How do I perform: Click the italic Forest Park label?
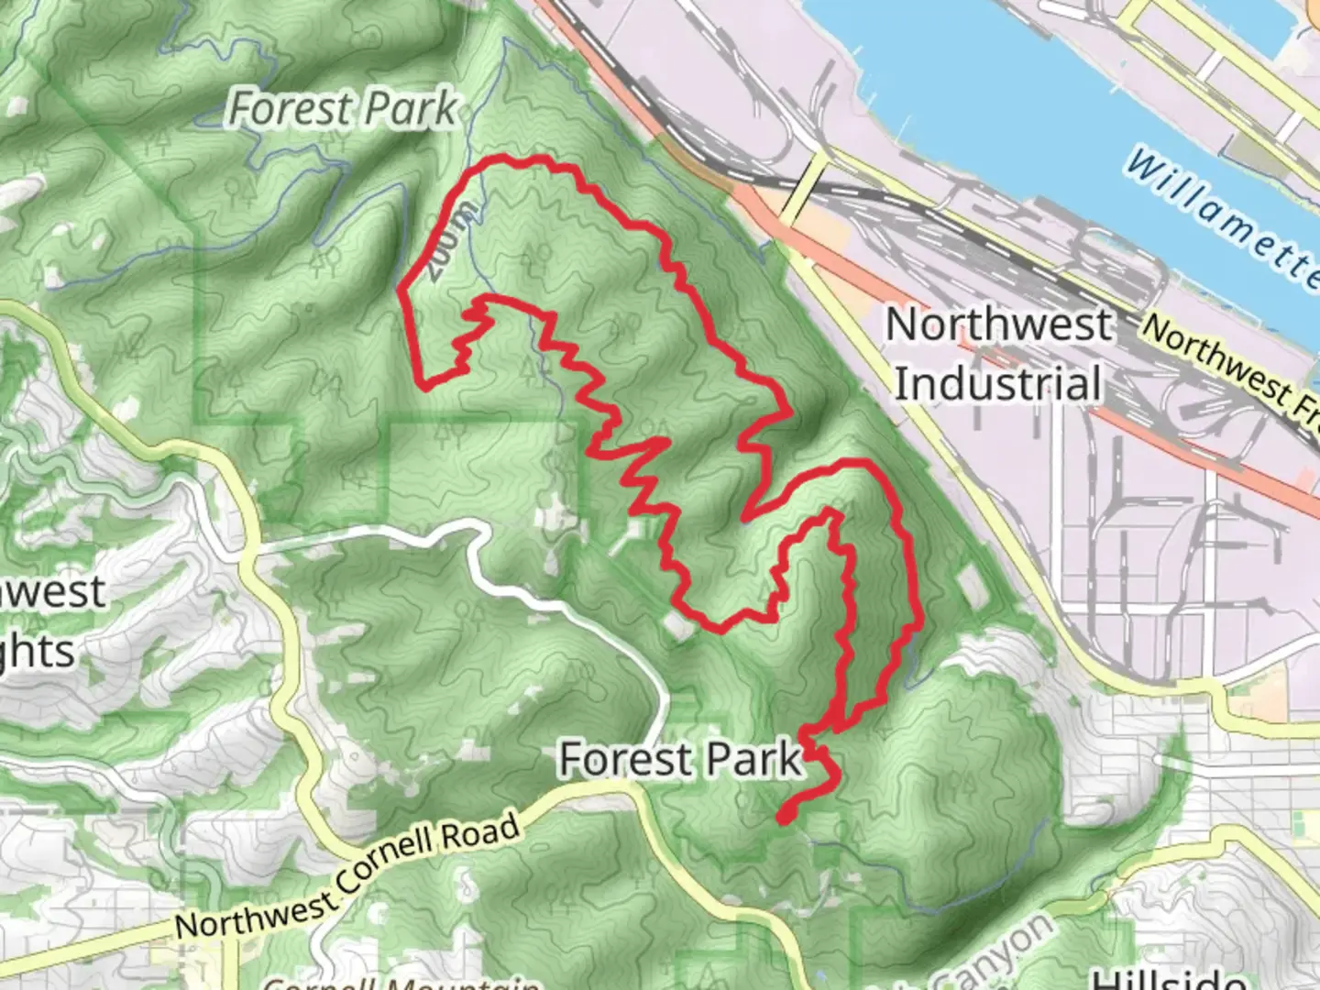click(342, 109)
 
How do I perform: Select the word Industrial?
click(997, 383)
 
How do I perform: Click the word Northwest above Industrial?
click(999, 325)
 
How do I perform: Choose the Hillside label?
click(1170, 979)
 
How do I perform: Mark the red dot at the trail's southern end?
click(785, 815)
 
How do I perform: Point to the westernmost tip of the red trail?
click(401, 291)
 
